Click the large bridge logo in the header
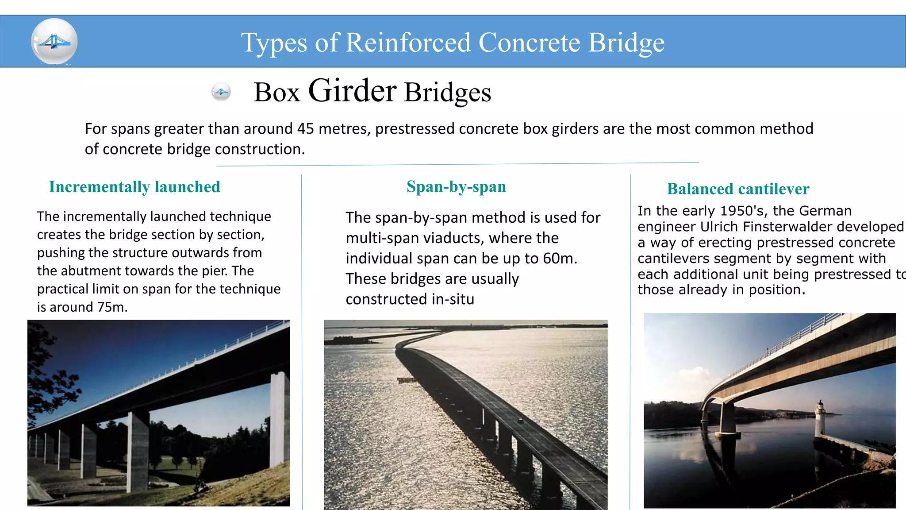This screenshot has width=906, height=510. click(54, 42)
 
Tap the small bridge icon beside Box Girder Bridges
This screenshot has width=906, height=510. click(221, 92)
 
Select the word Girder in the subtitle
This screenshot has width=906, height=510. click(352, 91)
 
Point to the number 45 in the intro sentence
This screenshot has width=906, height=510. click(305, 128)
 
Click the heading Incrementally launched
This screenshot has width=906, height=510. click(134, 187)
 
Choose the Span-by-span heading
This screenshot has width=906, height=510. click(456, 186)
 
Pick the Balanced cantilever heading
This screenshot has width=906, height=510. click(738, 189)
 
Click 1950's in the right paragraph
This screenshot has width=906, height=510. click(741, 211)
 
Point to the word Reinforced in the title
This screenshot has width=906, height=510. click(407, 42)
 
